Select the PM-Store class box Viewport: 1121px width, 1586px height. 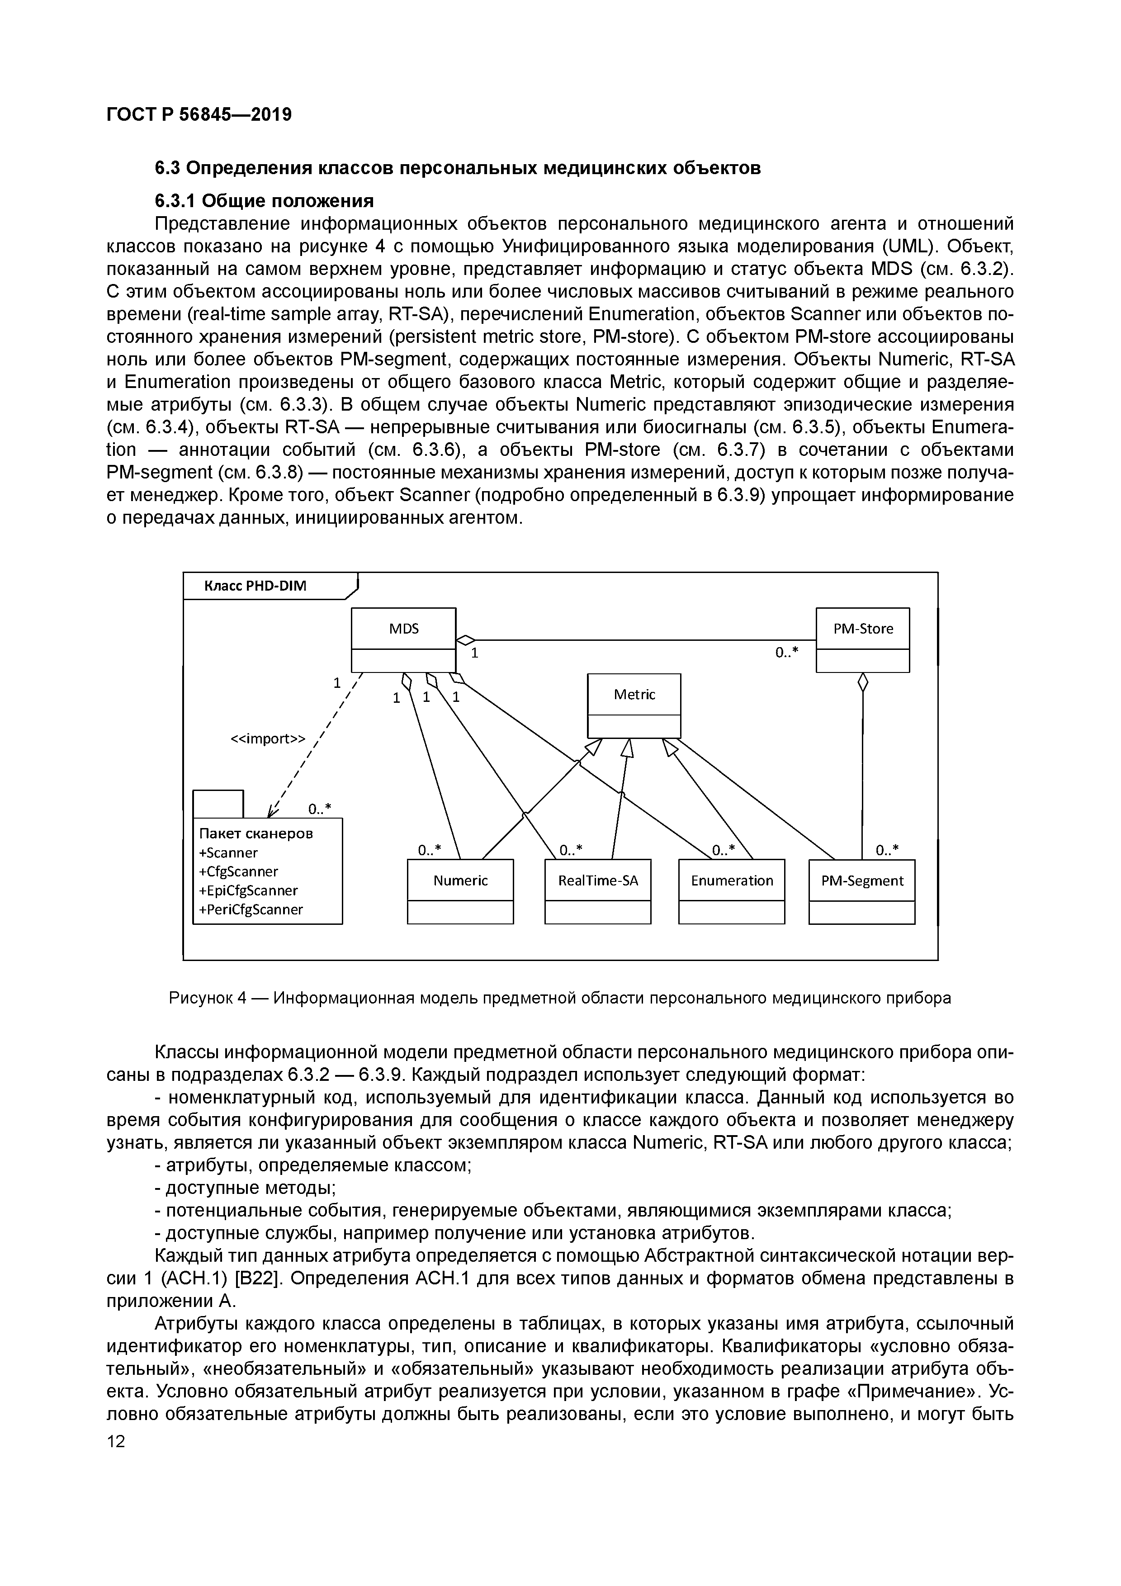pyautogui.click(x=863, y=639)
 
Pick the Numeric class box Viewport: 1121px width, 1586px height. pyautogui.click(x=460, y=890)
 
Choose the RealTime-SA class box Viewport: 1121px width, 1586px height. pyautogui.click(x=597, y=890)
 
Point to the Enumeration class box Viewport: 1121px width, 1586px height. pyautogui.click(x=732, y=890)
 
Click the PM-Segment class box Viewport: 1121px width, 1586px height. pyautogui.click(x=861, y=890)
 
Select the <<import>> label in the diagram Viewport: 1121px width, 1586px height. pyautogui.click(x=267, y=739)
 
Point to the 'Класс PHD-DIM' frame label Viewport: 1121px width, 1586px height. pyautogui.click(x=255, y=587)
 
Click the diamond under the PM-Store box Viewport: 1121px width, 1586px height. pyautogui.click(x=862, y=682)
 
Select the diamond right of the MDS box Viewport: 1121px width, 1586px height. pyautogui.click(x=465, y=639)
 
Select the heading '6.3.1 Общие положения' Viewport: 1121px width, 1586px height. pyautogui.click(x=264, y=200)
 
